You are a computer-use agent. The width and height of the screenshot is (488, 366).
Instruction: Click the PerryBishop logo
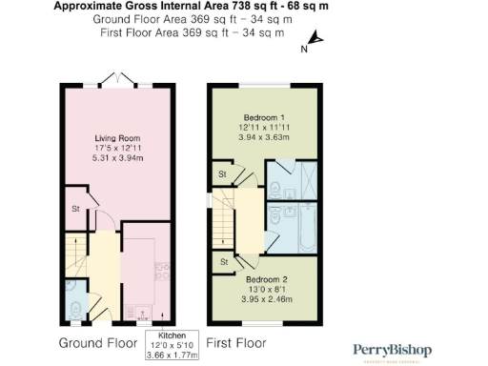(394, 351)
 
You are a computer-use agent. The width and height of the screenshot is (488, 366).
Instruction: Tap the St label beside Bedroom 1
(221, 174)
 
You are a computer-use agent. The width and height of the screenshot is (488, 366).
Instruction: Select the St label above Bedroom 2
(223, 261)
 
